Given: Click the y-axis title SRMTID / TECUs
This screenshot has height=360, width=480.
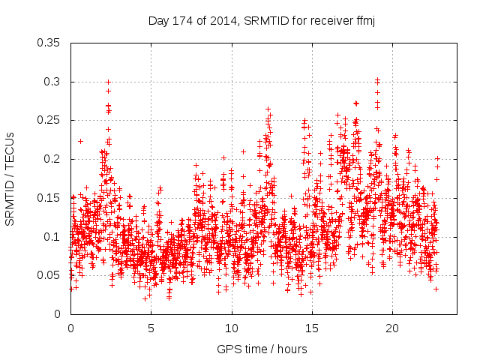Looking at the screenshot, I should (x=10, y=178).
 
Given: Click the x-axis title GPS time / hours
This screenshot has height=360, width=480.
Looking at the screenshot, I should (x=262, y=349).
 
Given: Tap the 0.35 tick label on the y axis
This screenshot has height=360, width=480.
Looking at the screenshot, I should (x=50, y=43).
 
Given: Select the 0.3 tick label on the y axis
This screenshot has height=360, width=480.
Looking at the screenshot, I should (x=53, y=82).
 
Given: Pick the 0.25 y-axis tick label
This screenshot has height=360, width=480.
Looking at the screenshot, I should (x=50, y=120).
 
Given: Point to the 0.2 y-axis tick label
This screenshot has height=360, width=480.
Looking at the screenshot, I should (x=53, y=159).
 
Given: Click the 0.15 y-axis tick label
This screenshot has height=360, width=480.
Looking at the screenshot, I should (x=50, y=198).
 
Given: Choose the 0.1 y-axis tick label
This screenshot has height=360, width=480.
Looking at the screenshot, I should (x=53, y=236).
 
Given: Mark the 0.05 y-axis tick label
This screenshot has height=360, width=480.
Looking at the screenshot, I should (x=50, y=275).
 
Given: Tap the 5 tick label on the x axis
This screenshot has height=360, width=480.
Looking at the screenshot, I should (x=151, y=328).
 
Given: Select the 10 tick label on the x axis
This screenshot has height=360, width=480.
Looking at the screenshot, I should (x=232, y=328).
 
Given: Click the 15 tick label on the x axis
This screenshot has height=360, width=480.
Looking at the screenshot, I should (x=312, y=328).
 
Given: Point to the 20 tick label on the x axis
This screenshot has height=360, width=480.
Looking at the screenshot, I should (x=392, y=328).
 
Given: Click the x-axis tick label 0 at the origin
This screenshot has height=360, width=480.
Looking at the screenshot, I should (x=70, y=328).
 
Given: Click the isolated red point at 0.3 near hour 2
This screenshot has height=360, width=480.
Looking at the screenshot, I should (x=108, y=82).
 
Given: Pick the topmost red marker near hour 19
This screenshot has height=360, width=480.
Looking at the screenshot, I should (x=377, y=79).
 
